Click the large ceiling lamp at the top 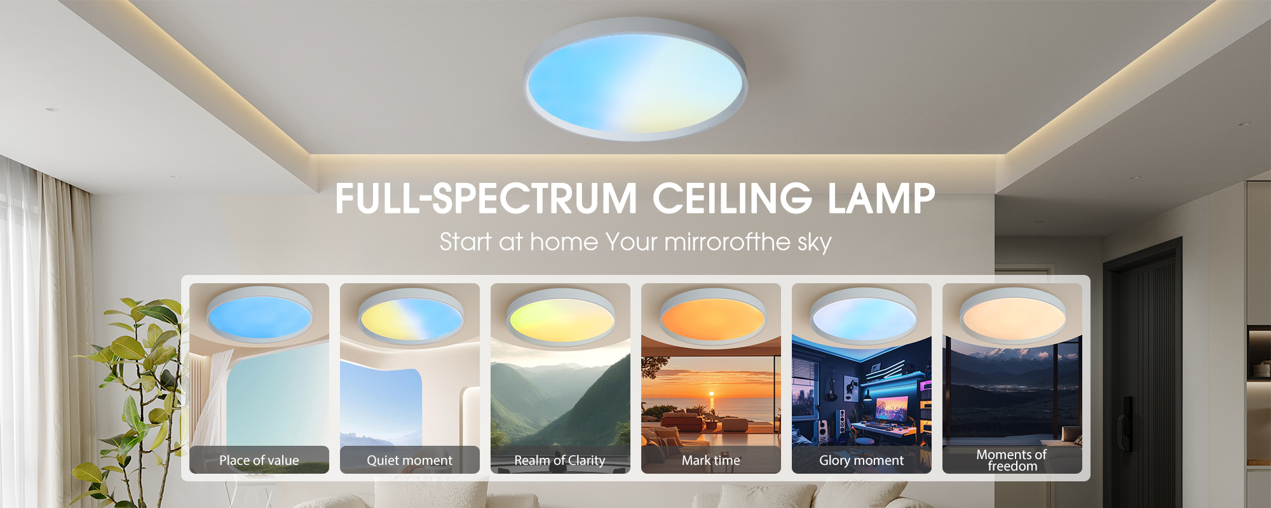(635, 79)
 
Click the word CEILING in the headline (732, 198)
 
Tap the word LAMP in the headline (881, 198)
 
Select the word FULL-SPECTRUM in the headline (486, 198)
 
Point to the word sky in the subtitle (815, 243)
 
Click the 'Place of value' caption (259, 460)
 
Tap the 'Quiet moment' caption (409, 460)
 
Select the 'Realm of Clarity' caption (559, 460)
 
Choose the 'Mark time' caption (710, 460)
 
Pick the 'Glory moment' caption (861, 460)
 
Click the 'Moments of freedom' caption (1012, 460)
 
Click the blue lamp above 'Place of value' (259, 314)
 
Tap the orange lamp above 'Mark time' (712, 316)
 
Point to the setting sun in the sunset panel (712, 394)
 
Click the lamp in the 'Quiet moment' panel (410, 316)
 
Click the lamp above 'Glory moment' (863, 316)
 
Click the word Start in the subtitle (466, 242)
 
